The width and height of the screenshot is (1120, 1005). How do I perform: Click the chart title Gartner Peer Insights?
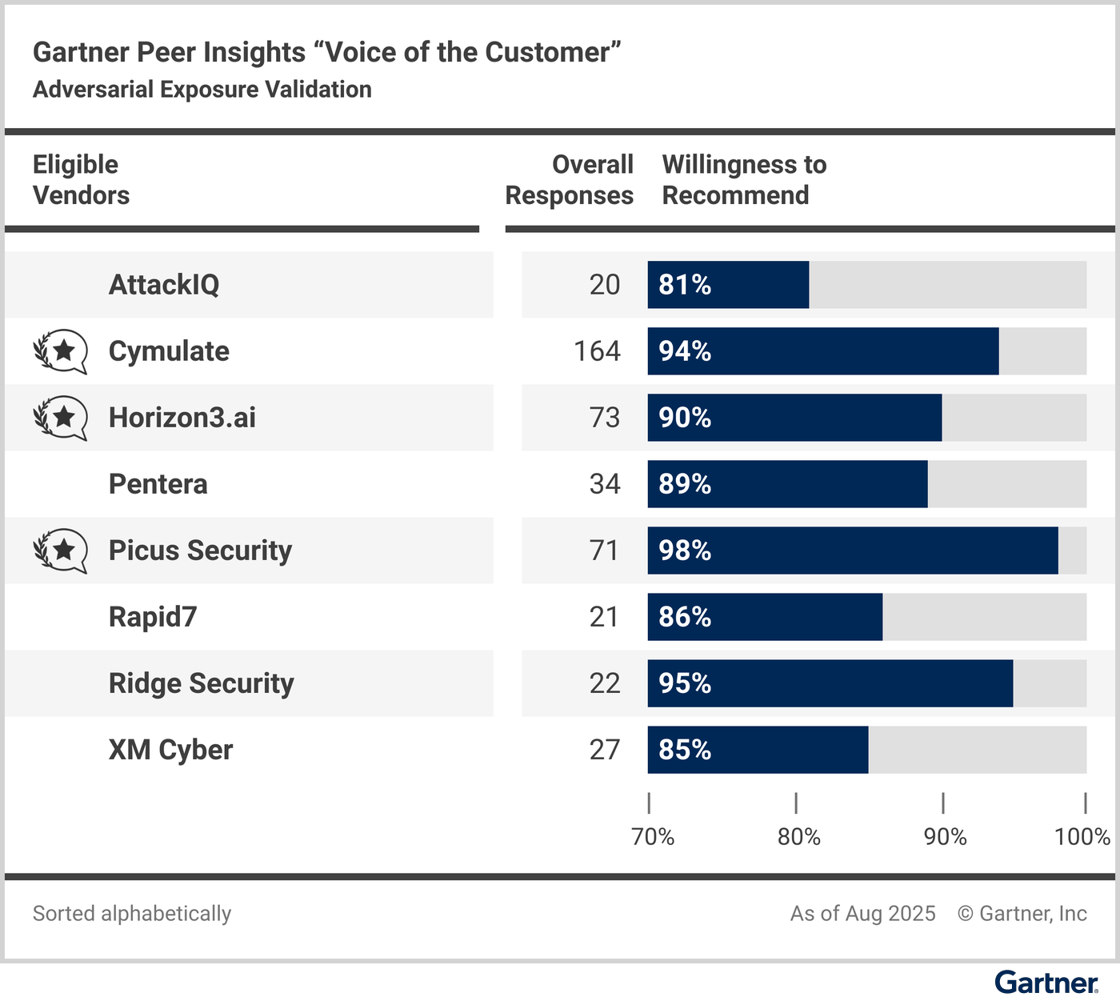coord(326,52)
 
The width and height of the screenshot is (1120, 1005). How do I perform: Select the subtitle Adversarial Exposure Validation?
coord(202,89)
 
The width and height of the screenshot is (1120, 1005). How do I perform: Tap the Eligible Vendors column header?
coord(81,180)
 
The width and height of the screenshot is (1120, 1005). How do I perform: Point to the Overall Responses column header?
coord(570,180)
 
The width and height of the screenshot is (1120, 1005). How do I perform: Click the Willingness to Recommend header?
coord(744,180)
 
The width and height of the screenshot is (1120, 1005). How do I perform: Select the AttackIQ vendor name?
coord(164,285)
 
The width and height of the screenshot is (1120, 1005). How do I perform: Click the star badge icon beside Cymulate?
coord(61,351)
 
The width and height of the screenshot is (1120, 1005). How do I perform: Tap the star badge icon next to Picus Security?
coord(61,551)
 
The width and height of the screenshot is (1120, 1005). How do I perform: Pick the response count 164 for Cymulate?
coord(597,351)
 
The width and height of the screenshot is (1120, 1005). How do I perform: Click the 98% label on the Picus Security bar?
coord(685,551)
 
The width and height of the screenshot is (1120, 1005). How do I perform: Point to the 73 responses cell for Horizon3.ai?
coord(605,418)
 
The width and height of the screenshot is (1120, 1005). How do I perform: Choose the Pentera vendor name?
coord(158,484)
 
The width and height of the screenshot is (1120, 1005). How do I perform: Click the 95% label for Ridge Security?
coord(685,683)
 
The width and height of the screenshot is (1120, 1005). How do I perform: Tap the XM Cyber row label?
coord(170,750)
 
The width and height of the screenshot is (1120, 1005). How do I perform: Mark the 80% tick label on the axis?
coord(799,837)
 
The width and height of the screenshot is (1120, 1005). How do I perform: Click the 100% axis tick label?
coord(1082,837)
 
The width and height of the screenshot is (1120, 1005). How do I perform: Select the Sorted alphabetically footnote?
coord(132,913)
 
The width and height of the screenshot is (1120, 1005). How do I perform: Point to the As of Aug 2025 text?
coord(862,913)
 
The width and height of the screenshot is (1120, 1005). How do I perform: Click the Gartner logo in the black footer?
coord(1046,983)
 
